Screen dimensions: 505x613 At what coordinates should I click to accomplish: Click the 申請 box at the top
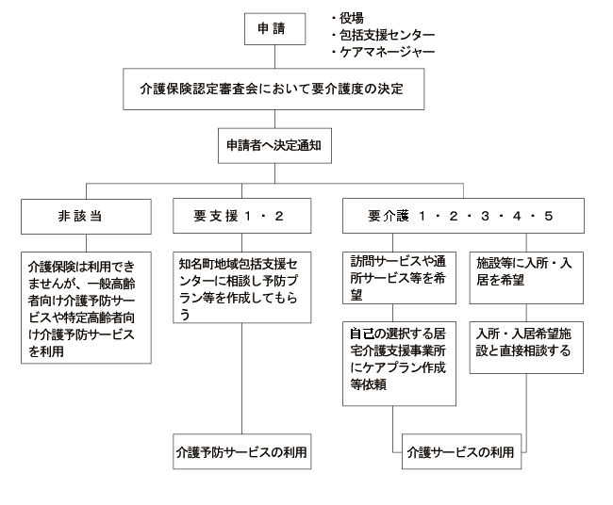273,30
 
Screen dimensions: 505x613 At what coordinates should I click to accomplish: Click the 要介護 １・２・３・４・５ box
460,216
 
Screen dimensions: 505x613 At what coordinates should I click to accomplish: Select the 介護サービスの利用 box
460,451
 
